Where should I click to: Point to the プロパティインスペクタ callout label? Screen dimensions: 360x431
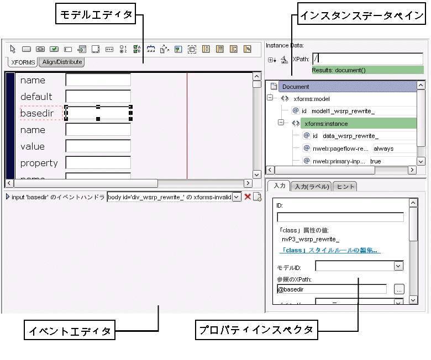point(256,331)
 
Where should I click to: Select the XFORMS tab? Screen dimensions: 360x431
point(23,62)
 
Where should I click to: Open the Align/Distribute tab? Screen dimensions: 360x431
point(62,62)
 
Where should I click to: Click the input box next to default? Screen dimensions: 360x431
point(98,97)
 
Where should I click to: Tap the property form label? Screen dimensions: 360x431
point(39,163)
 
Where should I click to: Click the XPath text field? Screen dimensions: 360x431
point(366,59)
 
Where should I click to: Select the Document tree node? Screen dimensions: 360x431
point(295,87)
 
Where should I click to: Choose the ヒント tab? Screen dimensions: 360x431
point(345,186)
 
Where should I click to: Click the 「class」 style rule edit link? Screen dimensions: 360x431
point(329,250)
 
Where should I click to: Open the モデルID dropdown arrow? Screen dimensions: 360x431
point(398,266)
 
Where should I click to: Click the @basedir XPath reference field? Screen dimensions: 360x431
point(332,289)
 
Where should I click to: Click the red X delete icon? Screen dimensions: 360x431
point(248,197)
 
